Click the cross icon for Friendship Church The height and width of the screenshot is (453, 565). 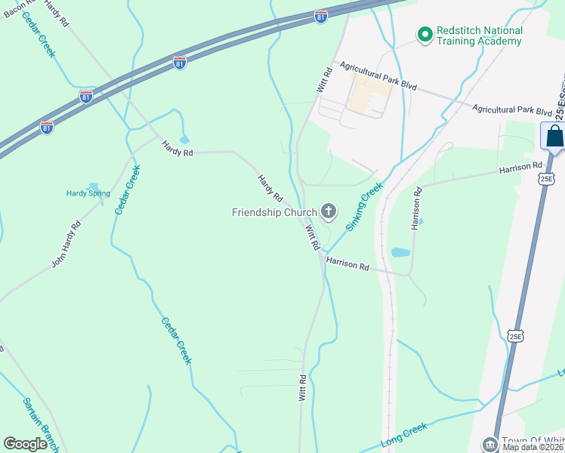pos(328,212)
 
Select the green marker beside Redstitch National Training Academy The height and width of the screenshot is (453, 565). pos(424,34)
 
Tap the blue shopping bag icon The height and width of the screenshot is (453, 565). pos(554,137)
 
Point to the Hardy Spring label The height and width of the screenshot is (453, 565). pos(89,193)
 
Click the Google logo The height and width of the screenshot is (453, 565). pos(26,444)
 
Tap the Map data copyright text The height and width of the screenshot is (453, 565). pos(533,447)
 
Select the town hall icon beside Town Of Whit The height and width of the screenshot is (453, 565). pos(490,443)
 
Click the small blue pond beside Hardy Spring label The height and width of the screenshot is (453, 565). pos(93,186)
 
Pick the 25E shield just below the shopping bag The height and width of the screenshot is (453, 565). pos(547,179)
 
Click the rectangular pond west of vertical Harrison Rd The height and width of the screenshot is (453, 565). pos(400,252)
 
